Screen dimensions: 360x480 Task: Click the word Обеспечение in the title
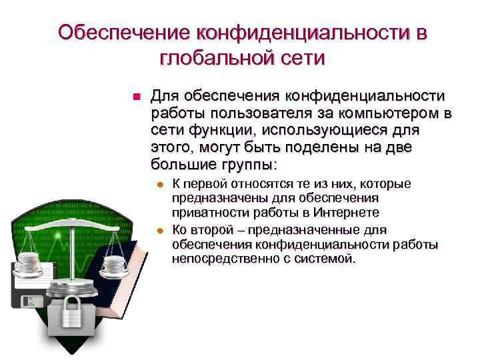[124, 33]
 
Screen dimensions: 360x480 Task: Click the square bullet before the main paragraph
[135, 97]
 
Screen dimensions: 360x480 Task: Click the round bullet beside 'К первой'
[159, 185]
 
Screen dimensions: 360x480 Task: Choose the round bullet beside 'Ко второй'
[159, 231]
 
